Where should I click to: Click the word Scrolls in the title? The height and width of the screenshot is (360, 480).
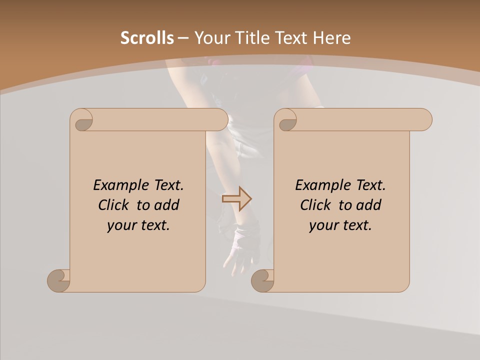click(x=147, y=38)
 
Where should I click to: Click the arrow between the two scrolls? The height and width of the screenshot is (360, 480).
click(x=236, y=199)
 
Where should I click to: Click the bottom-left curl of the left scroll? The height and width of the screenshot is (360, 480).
click(x=59, y=280)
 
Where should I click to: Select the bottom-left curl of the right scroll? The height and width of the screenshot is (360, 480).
click(x=262, y=280)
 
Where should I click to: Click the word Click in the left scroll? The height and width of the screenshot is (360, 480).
click(x=115, y=205)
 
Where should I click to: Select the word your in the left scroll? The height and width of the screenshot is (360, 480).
click(x=120, y=226)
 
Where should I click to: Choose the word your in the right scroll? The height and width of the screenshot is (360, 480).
click(x=322, y=226)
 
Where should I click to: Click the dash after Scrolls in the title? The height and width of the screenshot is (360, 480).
click(x=183, y=38)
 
